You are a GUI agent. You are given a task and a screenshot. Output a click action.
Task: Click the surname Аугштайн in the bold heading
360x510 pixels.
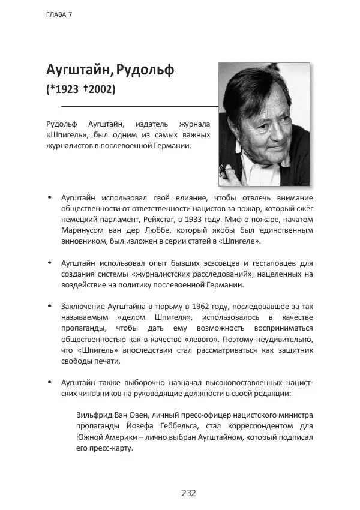[x=79, y=69]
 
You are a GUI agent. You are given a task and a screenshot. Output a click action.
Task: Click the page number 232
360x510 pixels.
[x=188, y=493]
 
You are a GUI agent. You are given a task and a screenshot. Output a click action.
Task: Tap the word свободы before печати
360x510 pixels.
[x=77, y=361]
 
